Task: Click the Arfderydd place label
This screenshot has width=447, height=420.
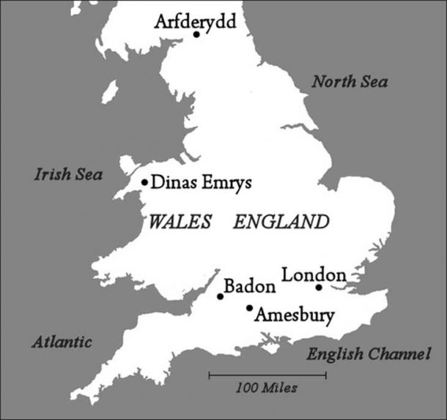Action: (195, 22)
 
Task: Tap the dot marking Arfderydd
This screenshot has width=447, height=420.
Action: (196, 34)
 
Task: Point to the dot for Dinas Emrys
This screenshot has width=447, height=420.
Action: (145, 182)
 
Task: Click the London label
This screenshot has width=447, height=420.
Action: (314, 275)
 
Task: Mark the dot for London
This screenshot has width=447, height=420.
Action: (319, 288)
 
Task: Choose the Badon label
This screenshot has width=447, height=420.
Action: (250, 285)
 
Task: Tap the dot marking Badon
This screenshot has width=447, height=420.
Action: (220, 296)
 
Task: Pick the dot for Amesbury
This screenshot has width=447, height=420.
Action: (250, 308)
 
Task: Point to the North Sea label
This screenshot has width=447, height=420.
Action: (350, 81)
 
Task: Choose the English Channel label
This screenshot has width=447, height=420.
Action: (367, 355)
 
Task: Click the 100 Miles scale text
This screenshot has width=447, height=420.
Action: (267, 389)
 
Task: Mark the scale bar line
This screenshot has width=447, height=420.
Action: (267, 376)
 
